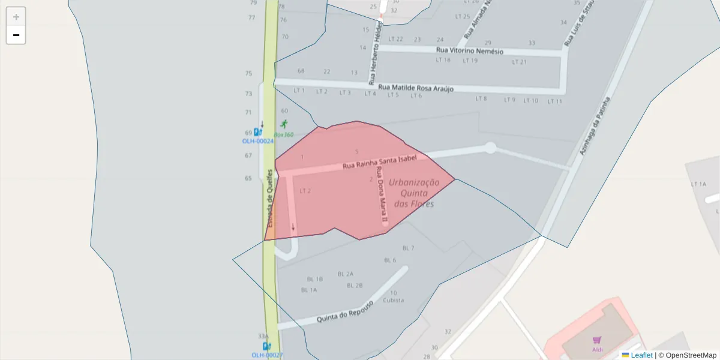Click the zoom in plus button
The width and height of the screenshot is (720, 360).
[x=16, y=17]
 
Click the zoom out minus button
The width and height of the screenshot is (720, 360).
[x=16, y=35]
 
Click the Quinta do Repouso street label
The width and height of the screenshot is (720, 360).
[x=345, y=311]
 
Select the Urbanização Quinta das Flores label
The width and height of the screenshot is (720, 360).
[x=414, y=193]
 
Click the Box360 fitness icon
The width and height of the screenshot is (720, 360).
[x=284, y=124]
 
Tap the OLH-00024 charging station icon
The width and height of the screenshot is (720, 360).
[x=257, y=132]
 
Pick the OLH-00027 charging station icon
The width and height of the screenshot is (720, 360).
[x=266, y=346]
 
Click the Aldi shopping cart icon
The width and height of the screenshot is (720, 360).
[x=597, y=340]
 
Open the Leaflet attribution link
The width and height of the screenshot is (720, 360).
[x=641, y=355]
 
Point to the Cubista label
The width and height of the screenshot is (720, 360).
[x=393, y=300]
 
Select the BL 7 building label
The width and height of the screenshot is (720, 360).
[x=408, y=248]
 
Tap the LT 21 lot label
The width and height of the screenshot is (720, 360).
[x=519, y=62]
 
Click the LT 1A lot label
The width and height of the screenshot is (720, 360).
[x=698, y=184]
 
